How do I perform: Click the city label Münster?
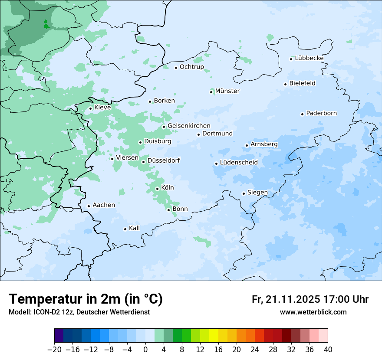(x=227, y=91)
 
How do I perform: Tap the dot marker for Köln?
(x=157, y=189)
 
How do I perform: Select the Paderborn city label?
(x=321, y=113)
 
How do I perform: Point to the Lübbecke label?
(x=309, y=58)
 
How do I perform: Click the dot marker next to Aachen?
(x=89, y=206)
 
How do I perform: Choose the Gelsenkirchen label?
(x=189, y=126)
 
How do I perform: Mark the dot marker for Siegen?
(x=244, y=193)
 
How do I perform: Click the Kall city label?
(x=135, y=228)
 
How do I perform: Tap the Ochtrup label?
(x=191, y=67)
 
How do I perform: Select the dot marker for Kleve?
(x=90, y=108)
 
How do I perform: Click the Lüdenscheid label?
(x=239, y=163)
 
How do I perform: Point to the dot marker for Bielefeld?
(x=285, y=84)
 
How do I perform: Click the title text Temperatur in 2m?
(x=86, y=299)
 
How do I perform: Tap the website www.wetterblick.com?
(x=313, y=312)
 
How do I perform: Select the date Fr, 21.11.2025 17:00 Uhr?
(x=310, y=299)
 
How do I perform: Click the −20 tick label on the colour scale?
(x=54, y=350)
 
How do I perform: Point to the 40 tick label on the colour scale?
(x=328, y=350)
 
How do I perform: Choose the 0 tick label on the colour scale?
(x=145, y=350)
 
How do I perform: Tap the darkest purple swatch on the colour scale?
(x=59, y=336)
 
